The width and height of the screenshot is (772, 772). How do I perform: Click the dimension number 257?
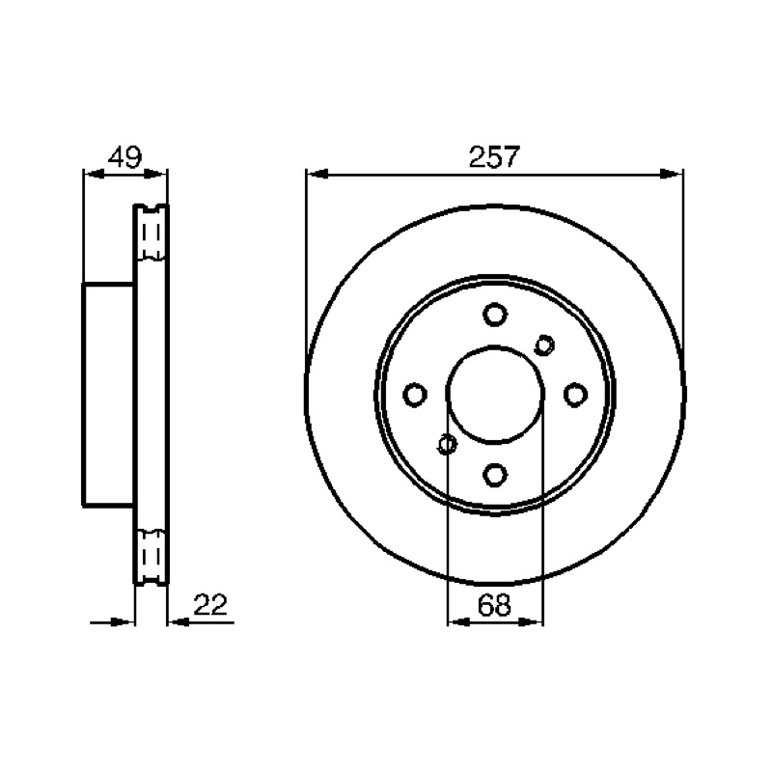coord(494,156)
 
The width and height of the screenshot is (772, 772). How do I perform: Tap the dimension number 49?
coord(125,157)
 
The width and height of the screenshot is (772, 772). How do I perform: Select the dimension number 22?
coord(210,605)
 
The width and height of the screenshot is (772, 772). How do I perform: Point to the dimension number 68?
coord(494,605)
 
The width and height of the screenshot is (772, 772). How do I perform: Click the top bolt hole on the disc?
coord(495,315)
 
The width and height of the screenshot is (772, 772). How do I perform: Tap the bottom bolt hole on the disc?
coord(495,475)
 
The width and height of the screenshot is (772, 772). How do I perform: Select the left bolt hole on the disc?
coord(415,395)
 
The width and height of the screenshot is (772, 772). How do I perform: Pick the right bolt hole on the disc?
coord(575,395)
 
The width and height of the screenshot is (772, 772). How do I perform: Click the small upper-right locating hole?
coord(544,345)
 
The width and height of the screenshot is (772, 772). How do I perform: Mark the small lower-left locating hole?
coord(447,444)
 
